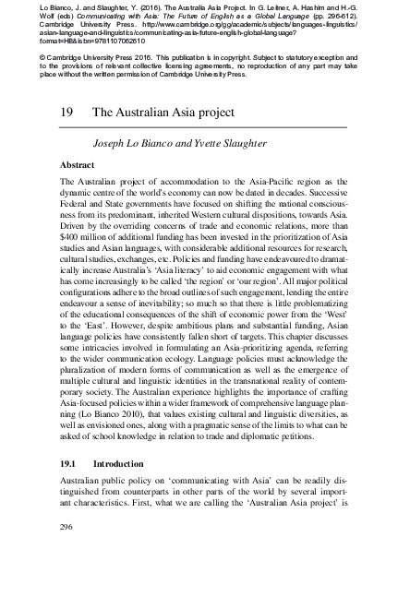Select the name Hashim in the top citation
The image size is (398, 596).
tap(320, 7)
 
